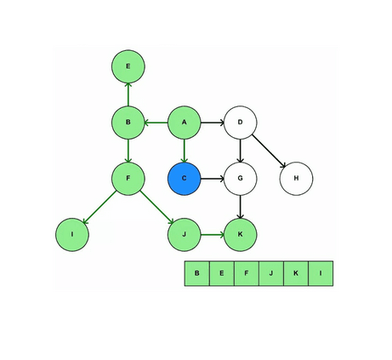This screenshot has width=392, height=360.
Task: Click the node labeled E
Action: (128, 66)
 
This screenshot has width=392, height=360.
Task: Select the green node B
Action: (128, 123)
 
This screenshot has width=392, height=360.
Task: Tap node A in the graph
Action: (184, 123)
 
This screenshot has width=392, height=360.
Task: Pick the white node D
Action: (241, 123)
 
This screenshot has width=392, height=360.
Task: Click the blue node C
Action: (184, 179)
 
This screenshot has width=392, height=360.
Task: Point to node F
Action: (128, 179)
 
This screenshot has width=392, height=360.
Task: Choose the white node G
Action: (241, 179)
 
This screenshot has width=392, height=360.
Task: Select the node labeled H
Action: (296, 179)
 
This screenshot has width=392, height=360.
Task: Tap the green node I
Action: (72, 234)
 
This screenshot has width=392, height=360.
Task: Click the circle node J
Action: (184, 234)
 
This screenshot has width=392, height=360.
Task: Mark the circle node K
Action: (241, 234)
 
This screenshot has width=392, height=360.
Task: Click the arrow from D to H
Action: (269, 151)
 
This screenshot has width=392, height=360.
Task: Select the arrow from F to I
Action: (100, 207)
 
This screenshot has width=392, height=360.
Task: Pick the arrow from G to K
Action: (241, 207)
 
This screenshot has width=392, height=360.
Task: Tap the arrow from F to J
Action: (156, 207)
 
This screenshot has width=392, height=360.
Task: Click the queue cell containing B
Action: (196, 273)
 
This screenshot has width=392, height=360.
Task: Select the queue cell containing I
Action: (321, 273)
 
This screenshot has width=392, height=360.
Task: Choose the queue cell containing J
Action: (271, 273)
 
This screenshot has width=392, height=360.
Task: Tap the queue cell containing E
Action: (221, 273)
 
